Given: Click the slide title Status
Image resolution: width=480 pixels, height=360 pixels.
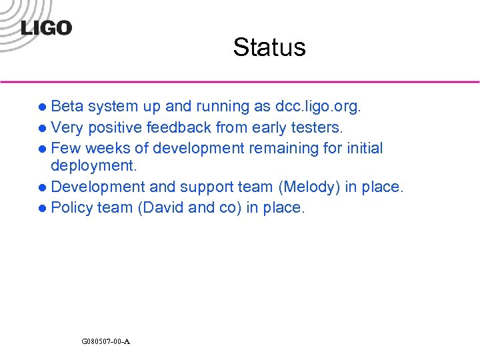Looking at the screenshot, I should (x=269, y=47).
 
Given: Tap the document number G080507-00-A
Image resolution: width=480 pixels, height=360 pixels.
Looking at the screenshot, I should (x=105, y=341).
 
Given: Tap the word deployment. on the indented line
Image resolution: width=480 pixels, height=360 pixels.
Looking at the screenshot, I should (x=93, y=165).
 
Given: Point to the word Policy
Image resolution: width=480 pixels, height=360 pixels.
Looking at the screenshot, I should (x=71, y=208).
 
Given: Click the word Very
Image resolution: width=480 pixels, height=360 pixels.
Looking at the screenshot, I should (x=66, y=127).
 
